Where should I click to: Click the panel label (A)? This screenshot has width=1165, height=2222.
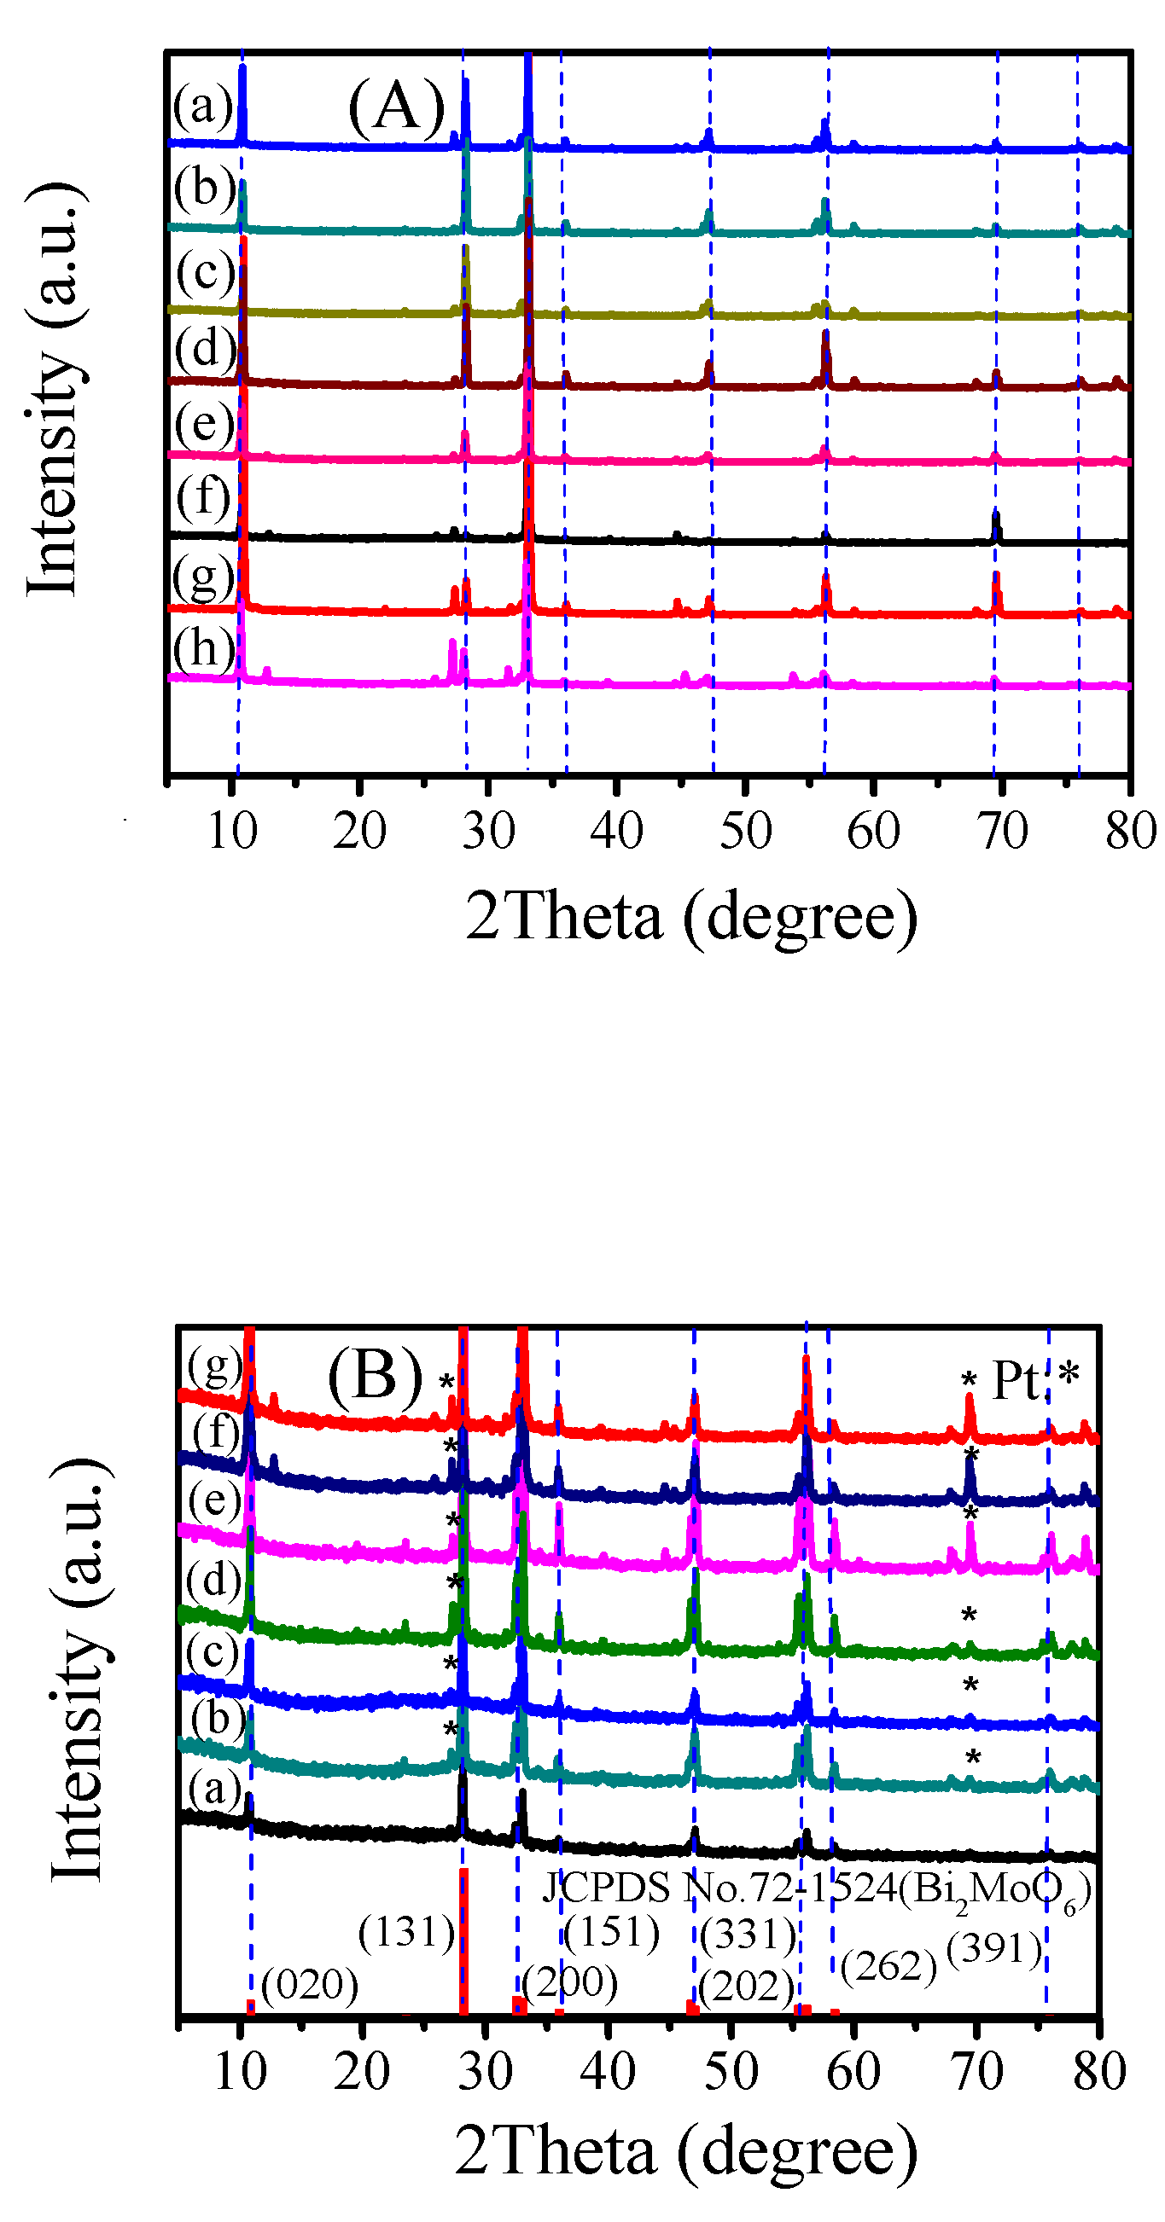pos(396,107)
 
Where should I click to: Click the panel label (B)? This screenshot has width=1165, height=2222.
pos(375,1376)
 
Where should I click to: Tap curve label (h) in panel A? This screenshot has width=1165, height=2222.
pos(204,647)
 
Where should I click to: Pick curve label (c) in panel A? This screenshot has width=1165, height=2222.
pos(205,272)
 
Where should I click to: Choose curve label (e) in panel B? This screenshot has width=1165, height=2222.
pos(214,1502)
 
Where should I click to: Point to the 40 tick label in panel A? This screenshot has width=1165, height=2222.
pos(616,831)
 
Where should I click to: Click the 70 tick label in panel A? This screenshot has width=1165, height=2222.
pos(1002,831)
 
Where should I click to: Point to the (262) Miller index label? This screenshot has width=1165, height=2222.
pos(888,1966)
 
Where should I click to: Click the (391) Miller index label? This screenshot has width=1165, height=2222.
pos(994,1947)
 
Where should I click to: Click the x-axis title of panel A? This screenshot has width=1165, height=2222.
pos(691,916)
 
